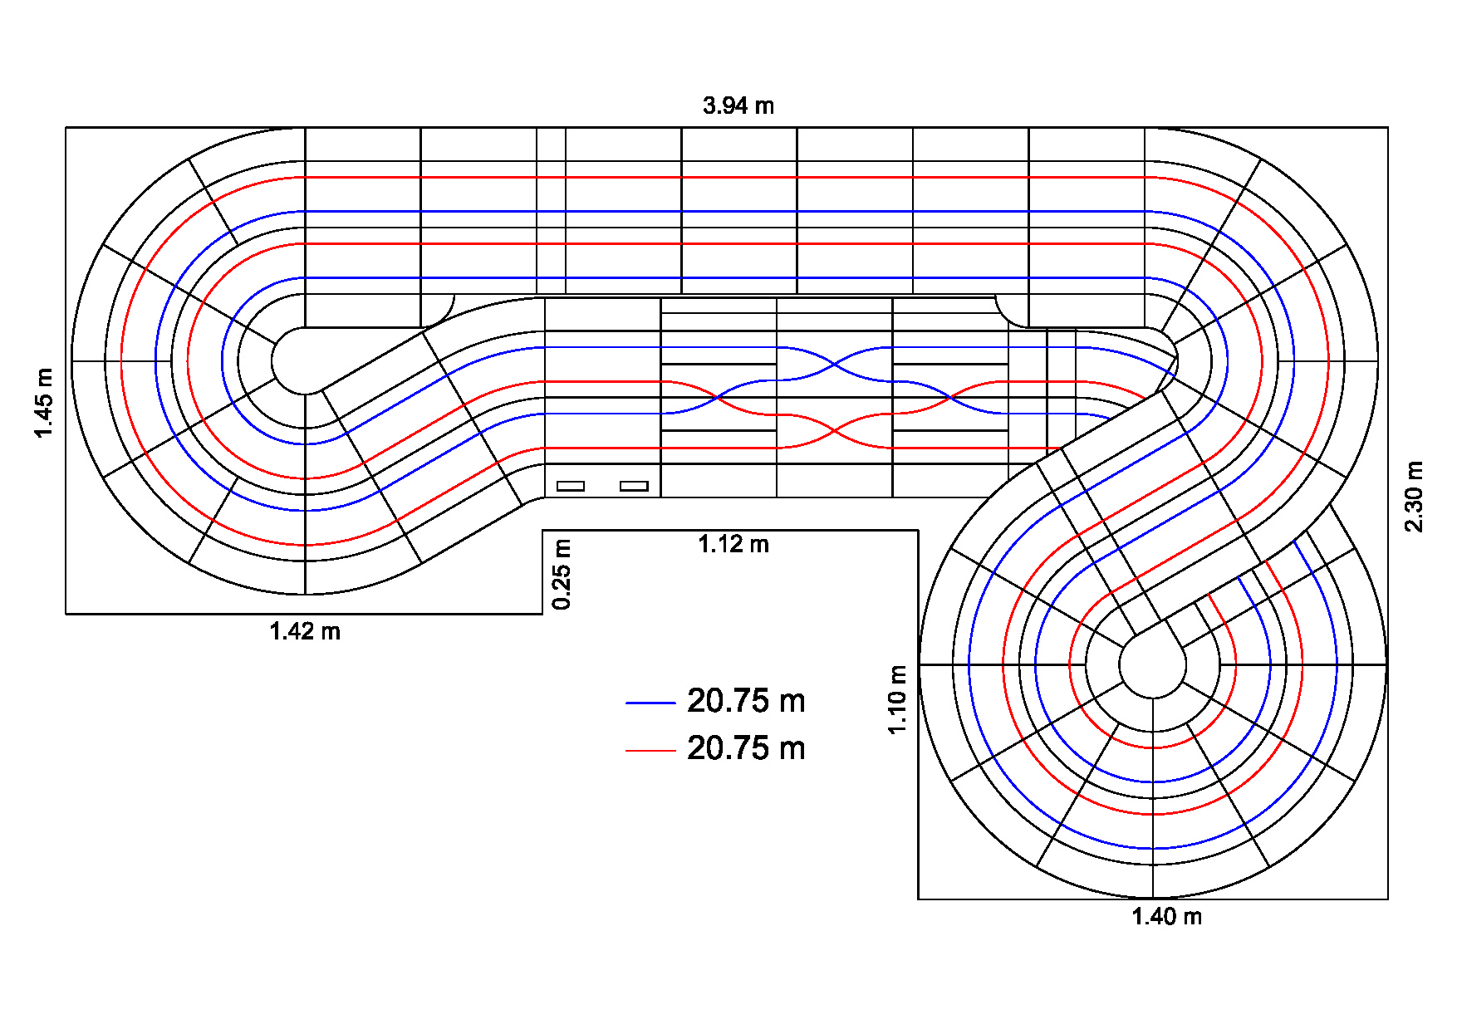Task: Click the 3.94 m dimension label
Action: tap(738, 106)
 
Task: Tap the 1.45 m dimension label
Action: tap(43, 403)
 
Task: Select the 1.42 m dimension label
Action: tap(305, 632)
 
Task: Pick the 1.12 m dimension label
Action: tap(733, 545)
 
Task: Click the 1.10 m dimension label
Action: tap(897, 699)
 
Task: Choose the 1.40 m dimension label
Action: tap(1166, 917)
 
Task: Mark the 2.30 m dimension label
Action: tap(1414, 497)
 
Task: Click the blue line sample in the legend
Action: tap(650, 703)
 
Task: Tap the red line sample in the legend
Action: tap(650, 751)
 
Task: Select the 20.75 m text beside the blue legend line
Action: tap(746, 702)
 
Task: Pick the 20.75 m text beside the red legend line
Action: tap(746, 749)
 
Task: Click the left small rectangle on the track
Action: tap(571, 486)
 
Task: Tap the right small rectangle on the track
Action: tap(634, 486)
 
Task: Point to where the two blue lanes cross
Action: tap(835, 364)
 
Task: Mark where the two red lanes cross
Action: tap(835, 431)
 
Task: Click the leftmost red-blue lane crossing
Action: tap(719, 398)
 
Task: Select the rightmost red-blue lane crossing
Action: tap(950, 398)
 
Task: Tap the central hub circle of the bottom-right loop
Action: tap(1152, 664)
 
